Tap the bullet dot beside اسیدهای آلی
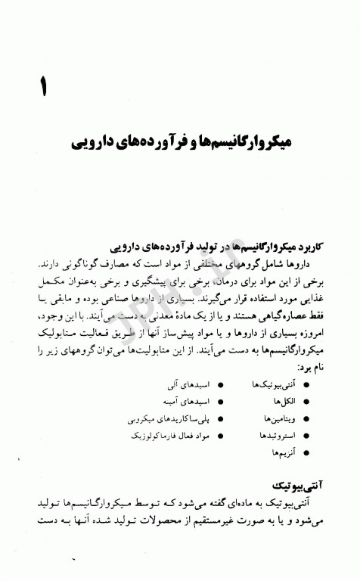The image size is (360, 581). [x=219, y=384]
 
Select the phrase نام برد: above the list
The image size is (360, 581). [x=310, y=366]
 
